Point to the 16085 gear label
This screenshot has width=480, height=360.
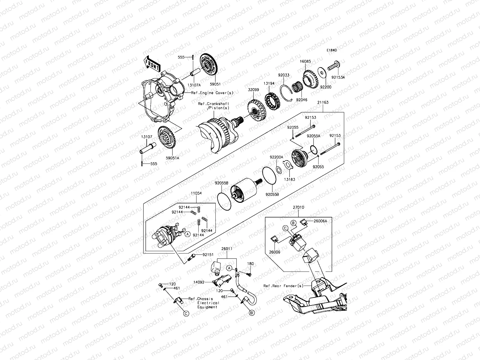point(305,61)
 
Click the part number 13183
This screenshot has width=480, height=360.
point(290,179)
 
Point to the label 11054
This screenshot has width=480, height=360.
point(196,193)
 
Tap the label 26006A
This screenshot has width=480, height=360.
point(320,221)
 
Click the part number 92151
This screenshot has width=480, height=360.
point(208,255)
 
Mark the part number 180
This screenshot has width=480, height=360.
point(250,264)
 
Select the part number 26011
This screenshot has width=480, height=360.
point(227,249)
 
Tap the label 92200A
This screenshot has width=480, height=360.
point(276,157)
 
